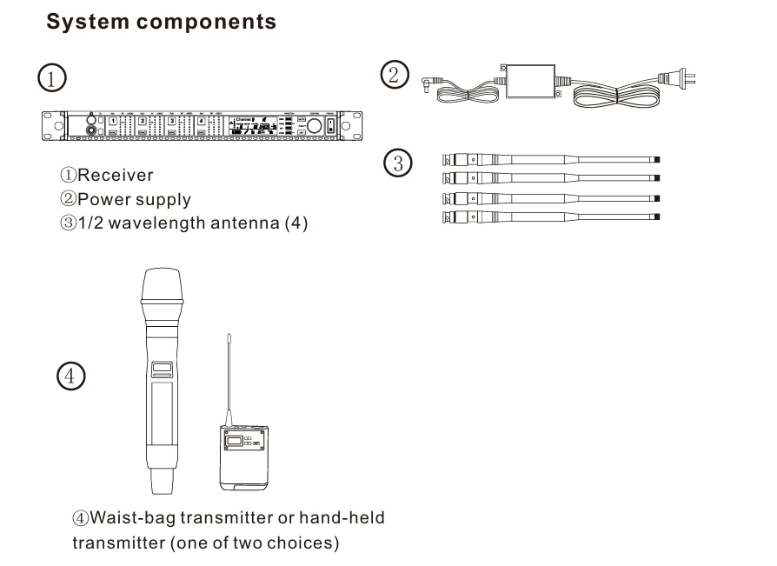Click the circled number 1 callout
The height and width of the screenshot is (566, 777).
click(53, 78)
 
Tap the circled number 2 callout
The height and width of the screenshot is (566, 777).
click(394, 75)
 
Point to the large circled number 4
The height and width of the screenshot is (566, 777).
click(70, 376)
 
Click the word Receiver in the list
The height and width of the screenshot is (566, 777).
click(115, 176)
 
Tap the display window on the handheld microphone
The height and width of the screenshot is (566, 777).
click(163, 369)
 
